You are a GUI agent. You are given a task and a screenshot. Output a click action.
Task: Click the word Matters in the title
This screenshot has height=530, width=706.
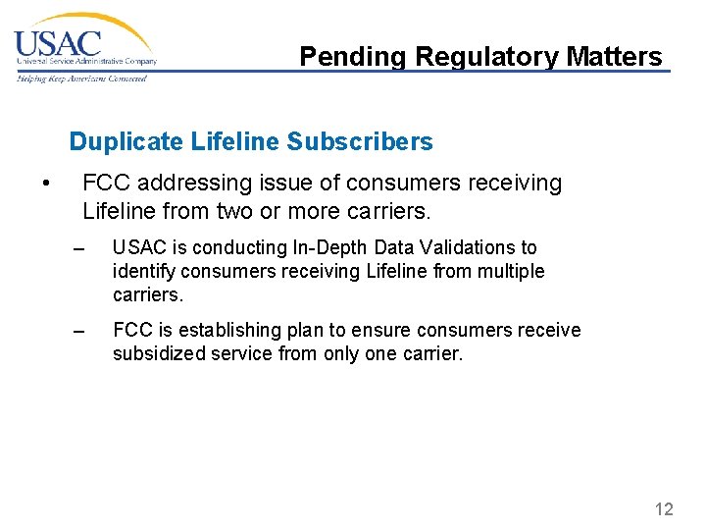tap(615, 57)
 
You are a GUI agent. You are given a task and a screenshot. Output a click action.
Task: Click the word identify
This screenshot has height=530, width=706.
tap(142, 271)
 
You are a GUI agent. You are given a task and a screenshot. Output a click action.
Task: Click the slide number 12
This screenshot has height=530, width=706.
tap(664, 508)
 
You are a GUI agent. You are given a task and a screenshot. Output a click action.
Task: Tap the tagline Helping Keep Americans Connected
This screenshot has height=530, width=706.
tap(81, 79)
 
